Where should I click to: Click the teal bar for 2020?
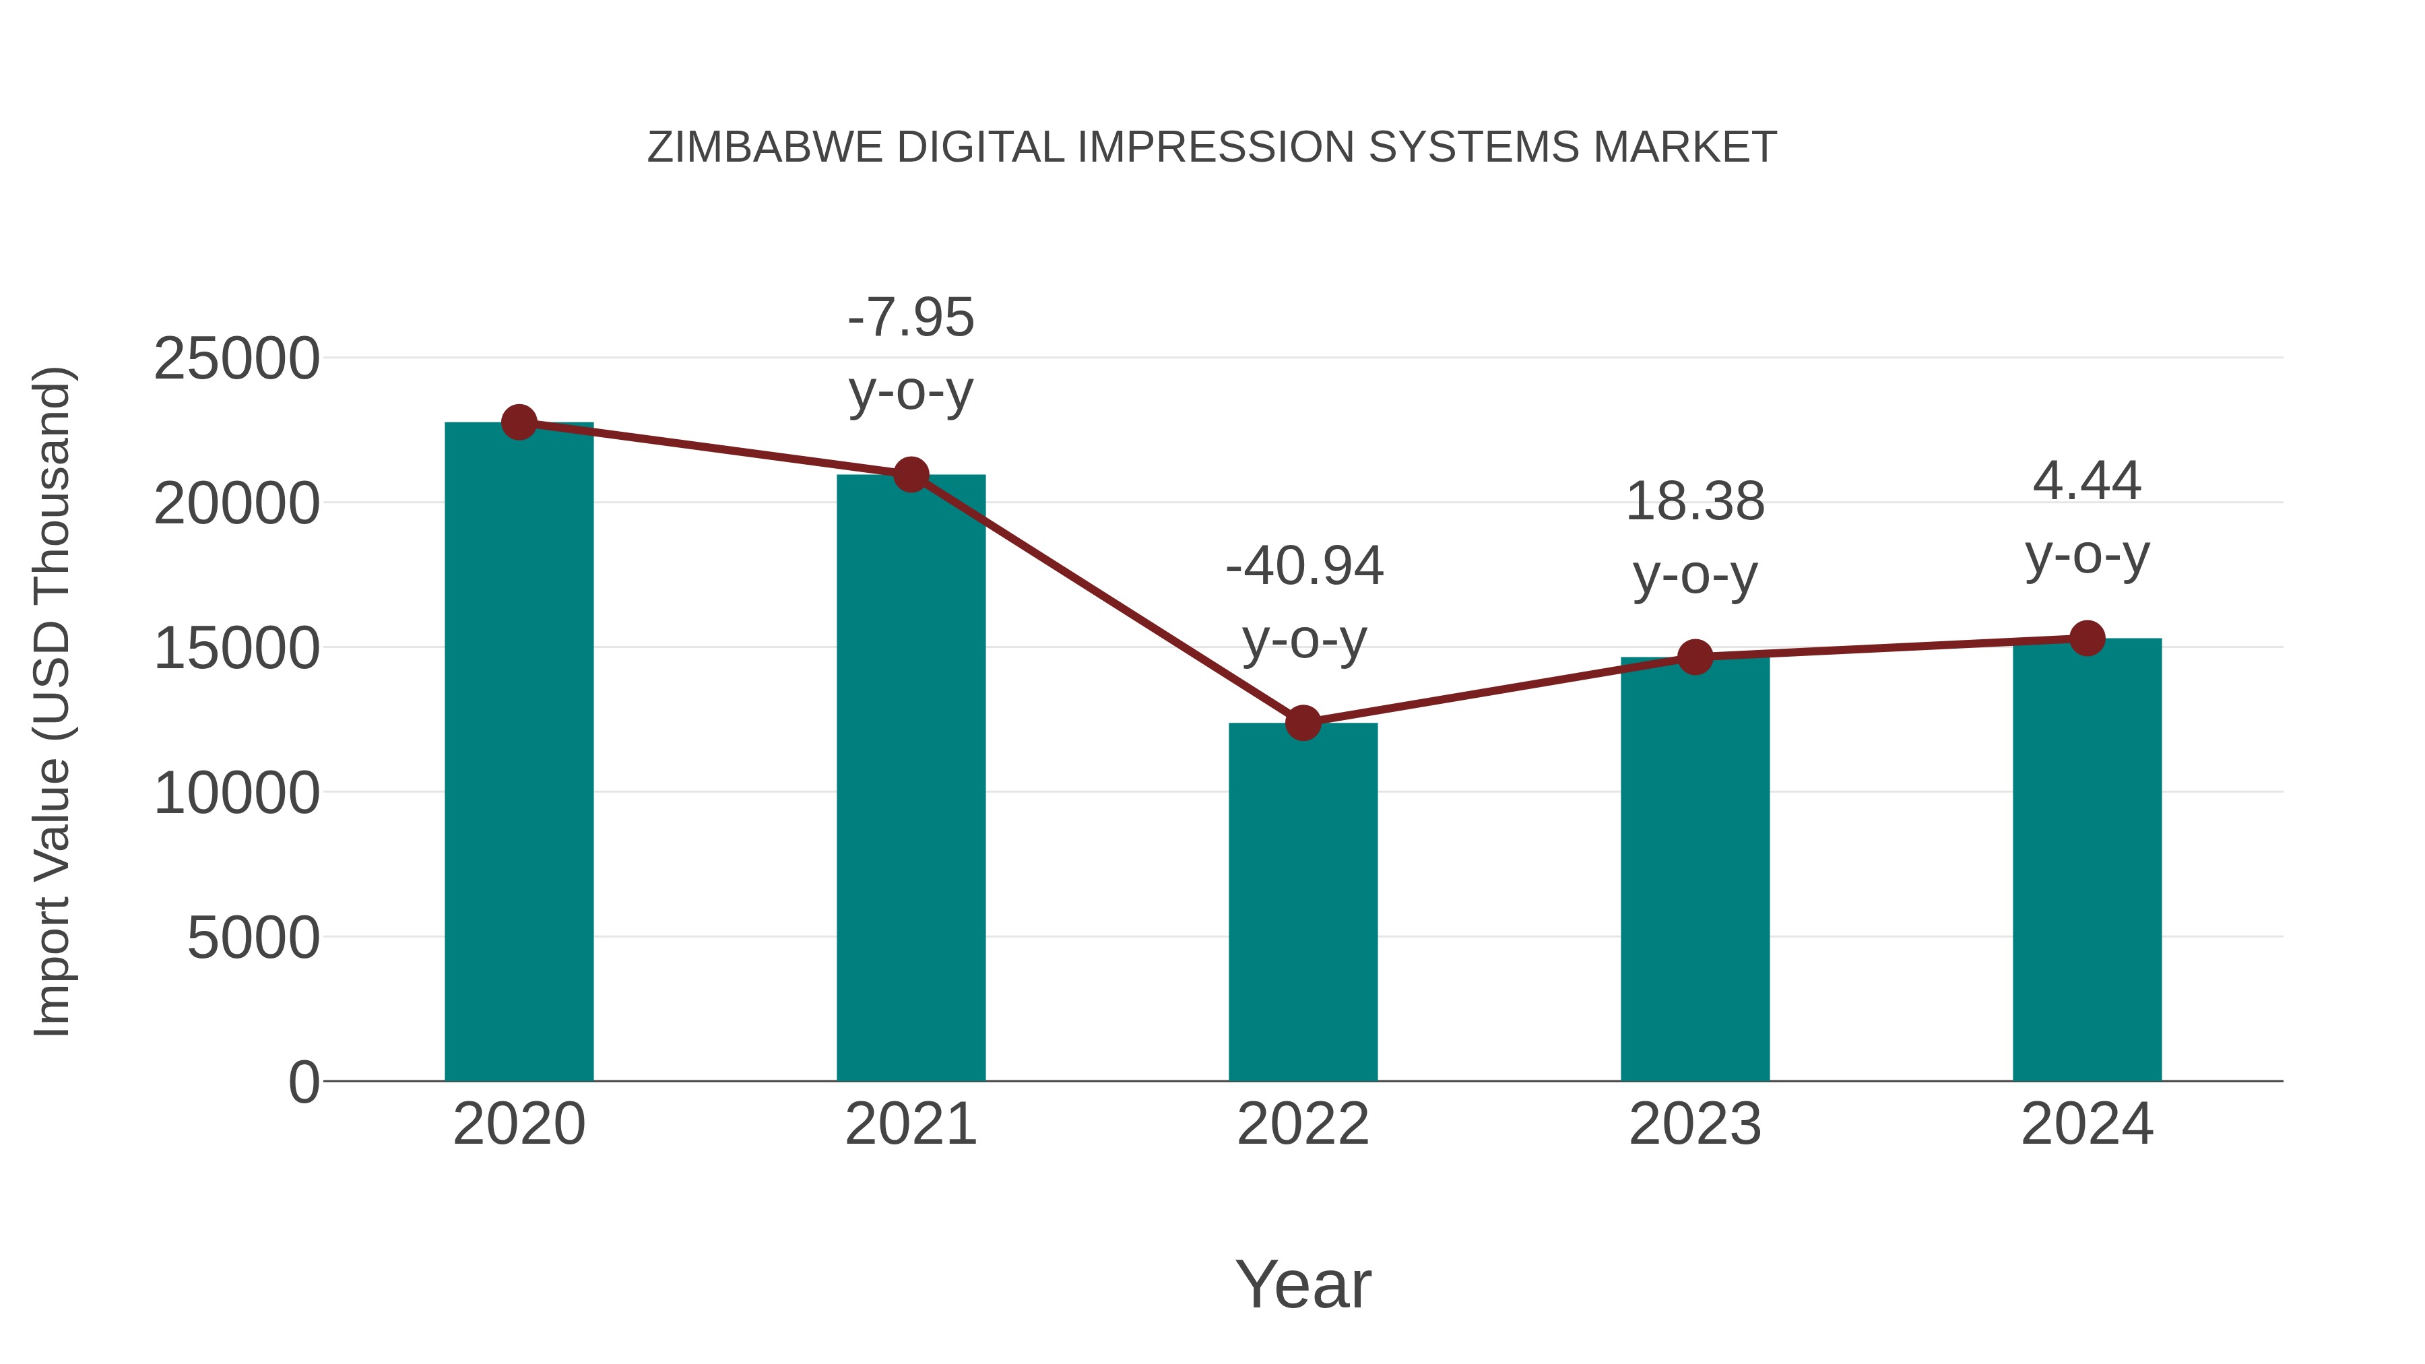[x=519, y=753]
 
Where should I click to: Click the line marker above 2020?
[x=519, y=422]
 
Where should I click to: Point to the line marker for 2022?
[x=1303, y=723]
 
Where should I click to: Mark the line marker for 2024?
[x=2087, y=639]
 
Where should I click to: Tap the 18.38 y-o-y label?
[x=1695, y=538]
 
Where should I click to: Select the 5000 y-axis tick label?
[x=253, y=938]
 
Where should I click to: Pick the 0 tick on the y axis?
[x=304, y=1082]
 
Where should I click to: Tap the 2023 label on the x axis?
[x=1695, y=1124]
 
